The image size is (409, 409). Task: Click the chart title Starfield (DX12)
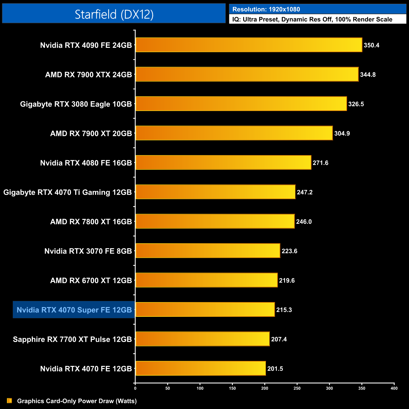(x=114, y=14)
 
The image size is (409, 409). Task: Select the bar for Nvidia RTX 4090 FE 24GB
(x=249, y=45)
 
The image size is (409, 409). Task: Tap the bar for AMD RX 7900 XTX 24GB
(x=247, y=74)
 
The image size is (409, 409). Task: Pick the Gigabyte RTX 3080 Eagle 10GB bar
(x=241, y=104)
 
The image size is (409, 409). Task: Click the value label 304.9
(x=342, y=133)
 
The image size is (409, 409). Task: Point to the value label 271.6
(x=320, y=163)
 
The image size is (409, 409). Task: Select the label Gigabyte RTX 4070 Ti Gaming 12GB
(x=68, y=192)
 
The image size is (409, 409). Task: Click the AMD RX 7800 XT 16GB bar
(x=215, y=221)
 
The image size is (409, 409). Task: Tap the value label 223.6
(x=289, y=251)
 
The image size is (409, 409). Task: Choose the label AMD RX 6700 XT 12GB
(x=91, y=280)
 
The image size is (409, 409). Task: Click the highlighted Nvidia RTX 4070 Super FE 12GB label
(x=74, y=310)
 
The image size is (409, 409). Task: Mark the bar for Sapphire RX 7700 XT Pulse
(x=202, y=339)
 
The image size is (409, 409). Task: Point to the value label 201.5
(x=275, y=369)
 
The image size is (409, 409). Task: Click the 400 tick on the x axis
(x=394, y=388)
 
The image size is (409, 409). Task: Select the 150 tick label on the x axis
(x=232, y=388)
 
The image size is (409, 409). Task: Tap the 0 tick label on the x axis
(x=135, y=388)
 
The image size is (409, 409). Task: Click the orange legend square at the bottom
(x=9, y=401)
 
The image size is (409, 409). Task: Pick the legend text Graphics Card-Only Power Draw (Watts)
(x=77, y=401)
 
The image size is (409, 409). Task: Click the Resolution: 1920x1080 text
(x=266, y=9)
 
